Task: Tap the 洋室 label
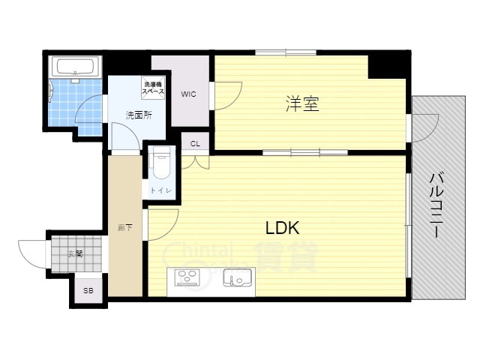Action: tap(302, 104)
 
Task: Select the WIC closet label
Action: tap(188, 94)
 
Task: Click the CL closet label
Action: tap(195, 143)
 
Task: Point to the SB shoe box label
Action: tap(88, 290)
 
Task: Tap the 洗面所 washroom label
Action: tap(139, 115)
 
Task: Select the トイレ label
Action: tap(161, 191)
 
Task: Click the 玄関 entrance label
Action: tap(74, 253)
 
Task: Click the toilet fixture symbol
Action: tap(161, 161)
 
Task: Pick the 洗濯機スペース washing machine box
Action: tap(154, 87)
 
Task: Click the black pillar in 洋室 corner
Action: tap(388, 66)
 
